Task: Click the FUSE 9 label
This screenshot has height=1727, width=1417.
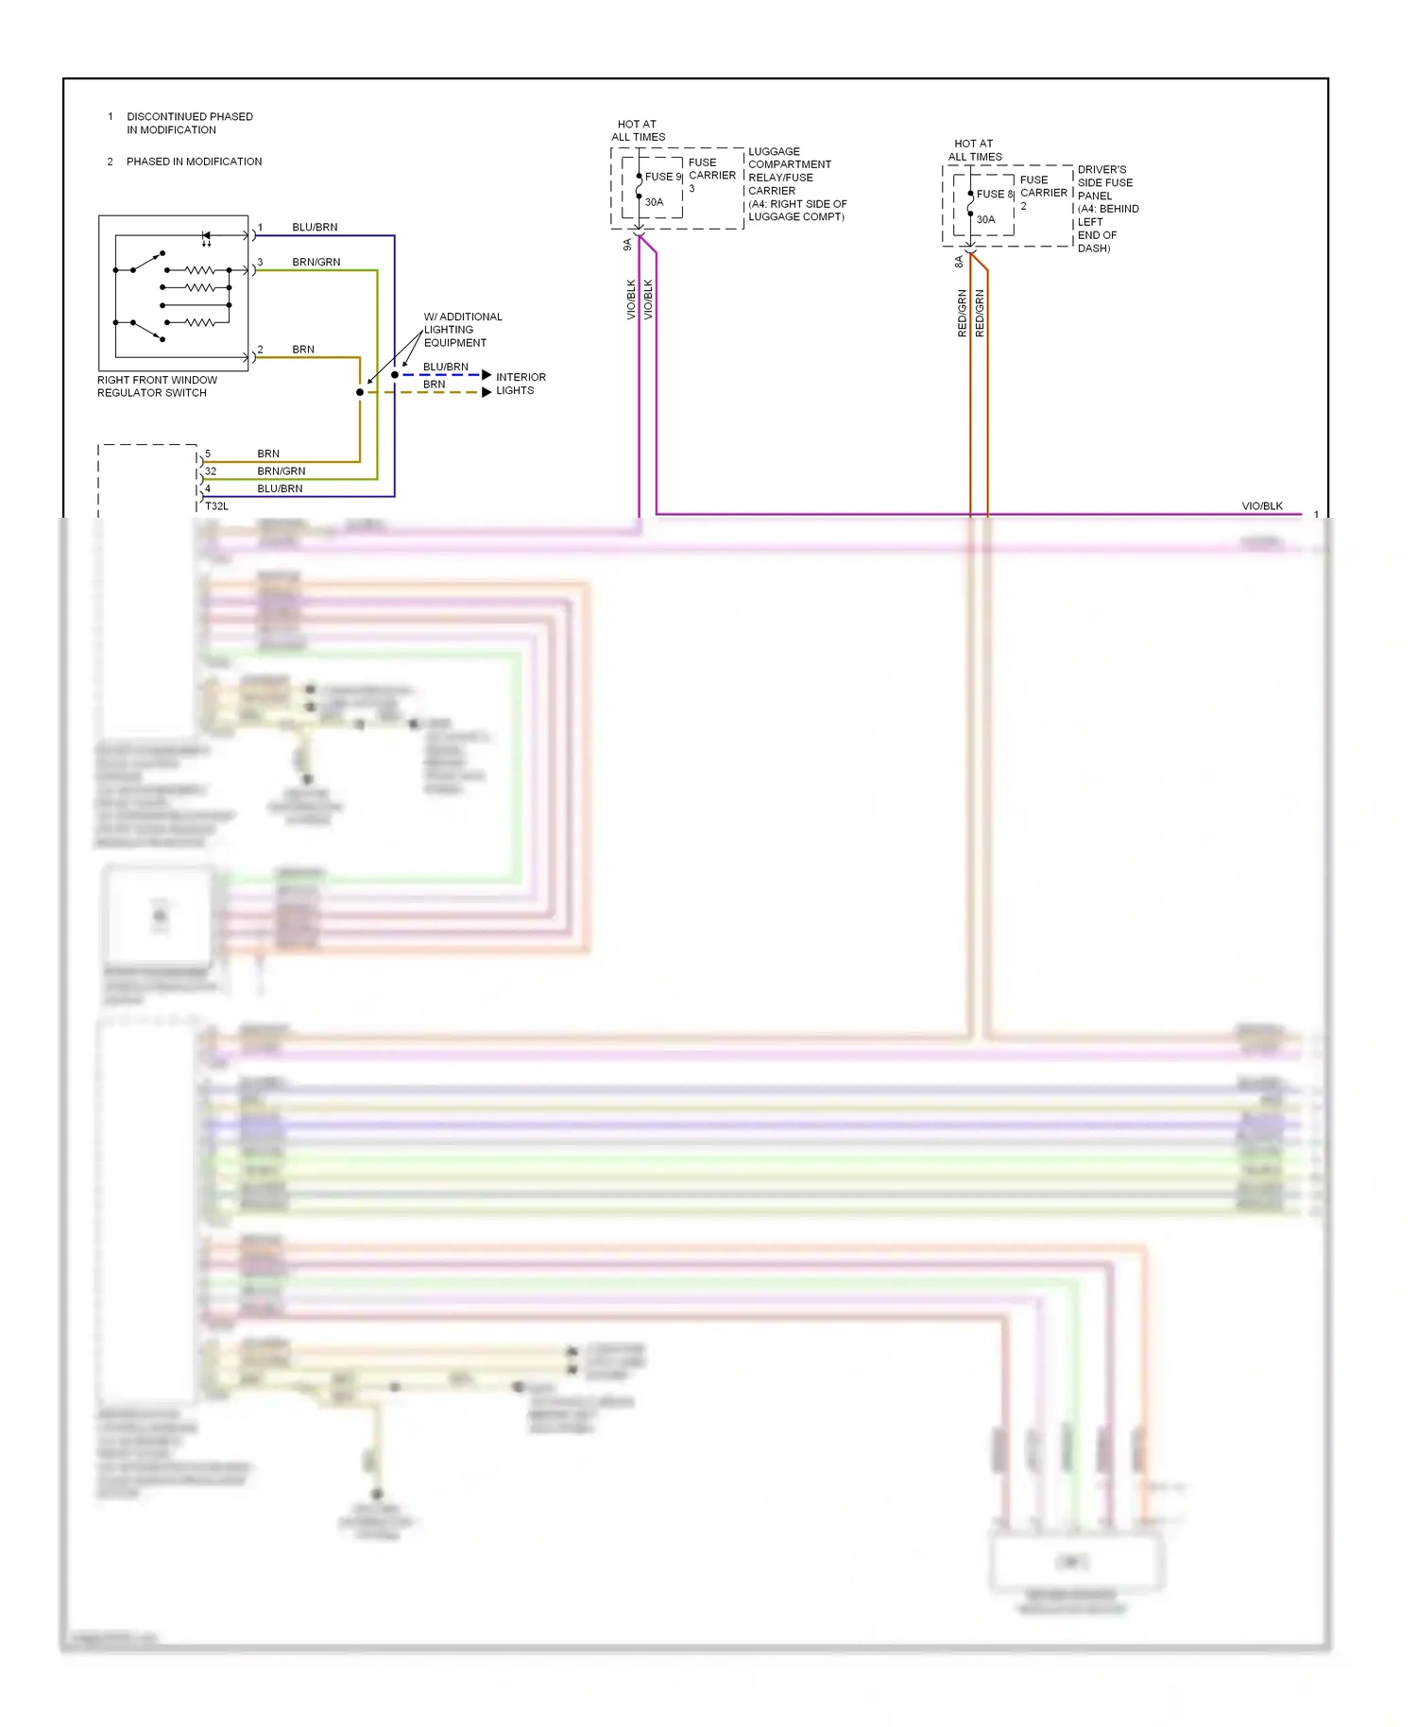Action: pos(663,177)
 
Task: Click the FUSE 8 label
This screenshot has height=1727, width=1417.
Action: pos(994,194)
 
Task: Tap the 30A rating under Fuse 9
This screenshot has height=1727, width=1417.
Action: pos(654,202)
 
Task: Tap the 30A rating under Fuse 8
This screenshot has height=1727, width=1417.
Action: pos(985,219)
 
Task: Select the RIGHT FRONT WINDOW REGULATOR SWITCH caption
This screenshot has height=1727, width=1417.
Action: pos(157,386)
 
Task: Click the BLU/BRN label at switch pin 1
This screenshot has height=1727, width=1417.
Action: pos(315,228)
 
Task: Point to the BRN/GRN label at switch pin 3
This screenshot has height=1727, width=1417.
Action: pos(316,263)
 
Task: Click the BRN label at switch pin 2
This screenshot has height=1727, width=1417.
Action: pos(302,350)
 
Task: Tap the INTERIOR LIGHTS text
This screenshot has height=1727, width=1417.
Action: pos(521,384)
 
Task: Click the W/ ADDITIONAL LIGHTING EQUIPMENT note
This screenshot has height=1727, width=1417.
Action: pos(462,330)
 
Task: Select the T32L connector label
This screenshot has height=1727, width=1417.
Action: pos(216,506)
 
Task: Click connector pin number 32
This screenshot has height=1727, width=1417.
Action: pos(210,471)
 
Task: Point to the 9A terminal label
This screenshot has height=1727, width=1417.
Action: pos(627,244)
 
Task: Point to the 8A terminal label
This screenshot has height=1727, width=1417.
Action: pos(959,262)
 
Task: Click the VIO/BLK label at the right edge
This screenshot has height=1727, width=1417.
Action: pos(1261,506)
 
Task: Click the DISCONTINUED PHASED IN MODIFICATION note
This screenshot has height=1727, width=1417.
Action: pos(189,124)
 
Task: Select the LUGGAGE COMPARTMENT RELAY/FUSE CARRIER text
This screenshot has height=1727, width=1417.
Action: pos(796,184)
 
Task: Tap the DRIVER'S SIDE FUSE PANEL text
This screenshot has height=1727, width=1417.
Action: pos(1107,209)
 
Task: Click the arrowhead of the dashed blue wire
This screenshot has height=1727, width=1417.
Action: pos(487,375)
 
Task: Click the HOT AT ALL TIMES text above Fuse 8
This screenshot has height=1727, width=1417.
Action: pos(975,150)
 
